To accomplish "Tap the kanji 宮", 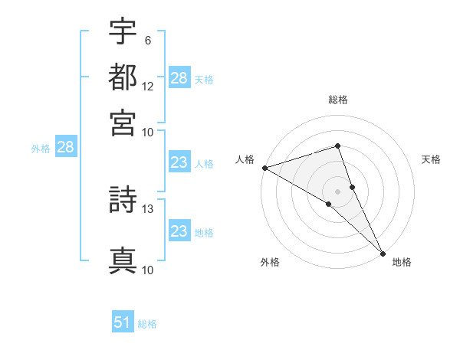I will pyautogui.click(x=123, y=123).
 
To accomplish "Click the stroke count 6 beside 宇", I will pyautogui.click(x=147, y=40).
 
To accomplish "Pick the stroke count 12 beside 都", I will pyautogui.click(x=148, y=86).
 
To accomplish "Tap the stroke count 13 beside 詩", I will pyautogui.click(x=148, y=208).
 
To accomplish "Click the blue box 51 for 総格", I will pyautogui.click(x=123, y=322).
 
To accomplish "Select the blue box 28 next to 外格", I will pyautogui.click(x=65, y=148).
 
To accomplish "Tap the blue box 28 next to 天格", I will pyautogui.click(x=179, y=78).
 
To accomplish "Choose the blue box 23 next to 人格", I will pyautogui.click(x=179, y=162).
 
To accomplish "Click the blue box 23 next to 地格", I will pyautogui.click(x=179, y=231).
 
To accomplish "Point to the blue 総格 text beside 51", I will pyautogui.click(x=147, y=324).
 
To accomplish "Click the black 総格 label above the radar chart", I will pyautogui.click(x=338, y=100).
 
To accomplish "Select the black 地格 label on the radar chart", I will pyautogui.click(x=402, y=262).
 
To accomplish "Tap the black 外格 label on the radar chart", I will pyautogui.click(x=270, y=262).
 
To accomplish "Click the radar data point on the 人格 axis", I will pyautogui.click(x=264, y=168).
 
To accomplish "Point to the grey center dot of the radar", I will pyautogui.click(x=337, y=191).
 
